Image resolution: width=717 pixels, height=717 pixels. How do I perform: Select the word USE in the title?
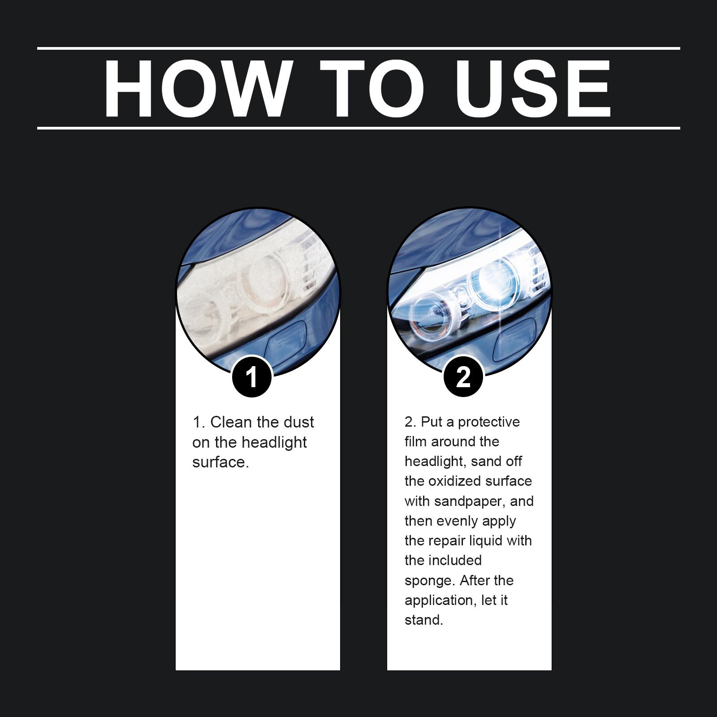coord(534,88)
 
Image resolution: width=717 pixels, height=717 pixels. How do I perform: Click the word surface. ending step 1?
coord(220,462)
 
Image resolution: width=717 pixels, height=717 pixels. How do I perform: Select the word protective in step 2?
coord(489,422)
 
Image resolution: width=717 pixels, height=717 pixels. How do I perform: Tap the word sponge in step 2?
coord(430,581)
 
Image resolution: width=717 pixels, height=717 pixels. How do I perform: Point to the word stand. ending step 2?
coord(423,620)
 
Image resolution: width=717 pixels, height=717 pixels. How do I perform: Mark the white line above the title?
coord(358,48)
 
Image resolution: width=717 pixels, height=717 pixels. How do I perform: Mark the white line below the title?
coord(358,128)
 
